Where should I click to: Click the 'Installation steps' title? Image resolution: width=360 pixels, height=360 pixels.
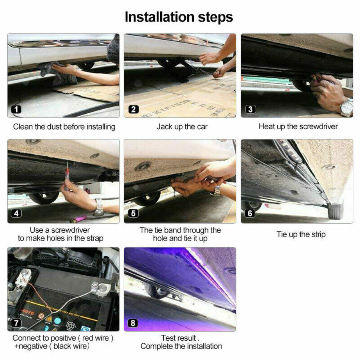(179, 17)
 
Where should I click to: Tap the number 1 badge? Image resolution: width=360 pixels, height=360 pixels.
(16, 109)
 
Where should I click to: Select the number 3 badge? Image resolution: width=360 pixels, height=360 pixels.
(250, 109)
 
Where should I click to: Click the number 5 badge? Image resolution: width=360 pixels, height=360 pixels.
(133, 213)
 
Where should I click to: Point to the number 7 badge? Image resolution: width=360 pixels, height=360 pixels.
(16, 323)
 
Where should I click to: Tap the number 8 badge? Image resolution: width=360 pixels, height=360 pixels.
(133, 323)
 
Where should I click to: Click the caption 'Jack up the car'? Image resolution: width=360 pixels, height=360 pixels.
(182, 126)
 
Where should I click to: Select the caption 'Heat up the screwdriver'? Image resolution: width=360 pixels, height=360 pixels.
(298, 126)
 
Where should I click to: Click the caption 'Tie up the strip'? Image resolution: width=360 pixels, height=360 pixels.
(301, 234)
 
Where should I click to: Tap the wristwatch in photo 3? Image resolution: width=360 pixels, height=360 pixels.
(346, 107)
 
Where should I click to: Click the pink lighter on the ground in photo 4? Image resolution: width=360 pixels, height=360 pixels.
(78, 219)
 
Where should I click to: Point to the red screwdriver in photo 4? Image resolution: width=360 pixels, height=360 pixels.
(67, 176)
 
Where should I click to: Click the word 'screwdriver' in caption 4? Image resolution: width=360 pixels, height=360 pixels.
(70, 230)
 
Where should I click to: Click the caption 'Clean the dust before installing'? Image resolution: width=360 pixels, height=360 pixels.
(64, 127)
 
